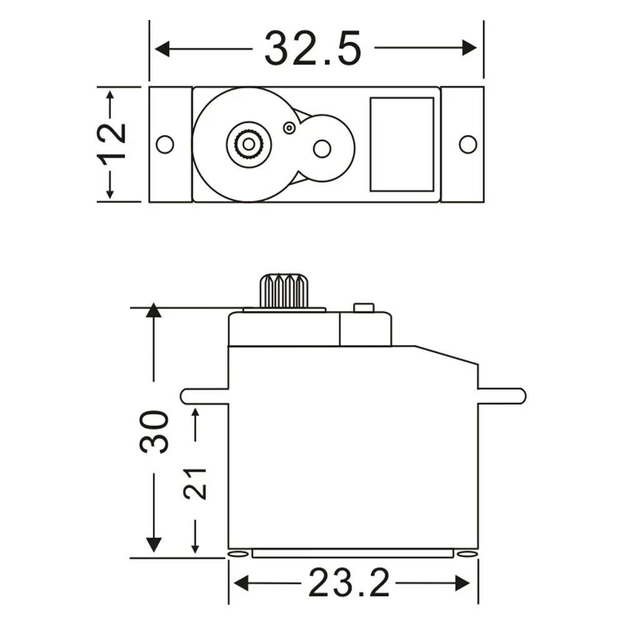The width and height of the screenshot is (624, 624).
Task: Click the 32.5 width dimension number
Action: [x=313, y=48]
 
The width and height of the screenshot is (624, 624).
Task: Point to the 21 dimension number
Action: [x=195, y=482]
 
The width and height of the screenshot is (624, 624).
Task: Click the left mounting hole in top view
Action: [x=165, y=144]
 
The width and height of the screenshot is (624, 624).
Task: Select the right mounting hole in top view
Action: [x=468, y=144]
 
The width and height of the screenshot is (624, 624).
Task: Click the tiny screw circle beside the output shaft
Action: [x=289, y=128]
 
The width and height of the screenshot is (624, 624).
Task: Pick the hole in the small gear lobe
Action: [x=321, y=149]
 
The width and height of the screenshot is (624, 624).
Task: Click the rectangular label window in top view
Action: [x=402, y=144]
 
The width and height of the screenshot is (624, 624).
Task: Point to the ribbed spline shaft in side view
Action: [x=284, y=290]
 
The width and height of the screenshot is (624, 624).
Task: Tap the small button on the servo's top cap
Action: [x=363, y=308]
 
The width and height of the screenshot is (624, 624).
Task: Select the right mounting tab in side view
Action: [x=502, y=396]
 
